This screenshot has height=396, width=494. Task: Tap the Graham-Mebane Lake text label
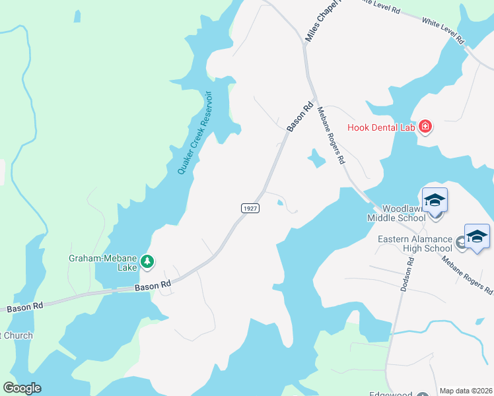coord(103,259)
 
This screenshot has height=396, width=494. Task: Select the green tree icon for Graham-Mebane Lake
coord(148,263)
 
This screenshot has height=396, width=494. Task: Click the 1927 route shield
coord(250,208)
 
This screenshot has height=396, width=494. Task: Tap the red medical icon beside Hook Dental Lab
coord(425,126)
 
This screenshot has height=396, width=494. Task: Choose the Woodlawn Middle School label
coord(396,212)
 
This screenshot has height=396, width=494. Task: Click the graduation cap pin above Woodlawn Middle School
coord(435,199)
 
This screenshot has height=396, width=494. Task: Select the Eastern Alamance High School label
coord(415,244)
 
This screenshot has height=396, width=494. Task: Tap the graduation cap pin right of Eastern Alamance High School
coord(477,237)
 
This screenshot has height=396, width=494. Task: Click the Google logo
coord(22,388)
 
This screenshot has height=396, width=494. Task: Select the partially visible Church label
coord(16,336)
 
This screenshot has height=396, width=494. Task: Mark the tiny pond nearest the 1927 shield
coord(282,203)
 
